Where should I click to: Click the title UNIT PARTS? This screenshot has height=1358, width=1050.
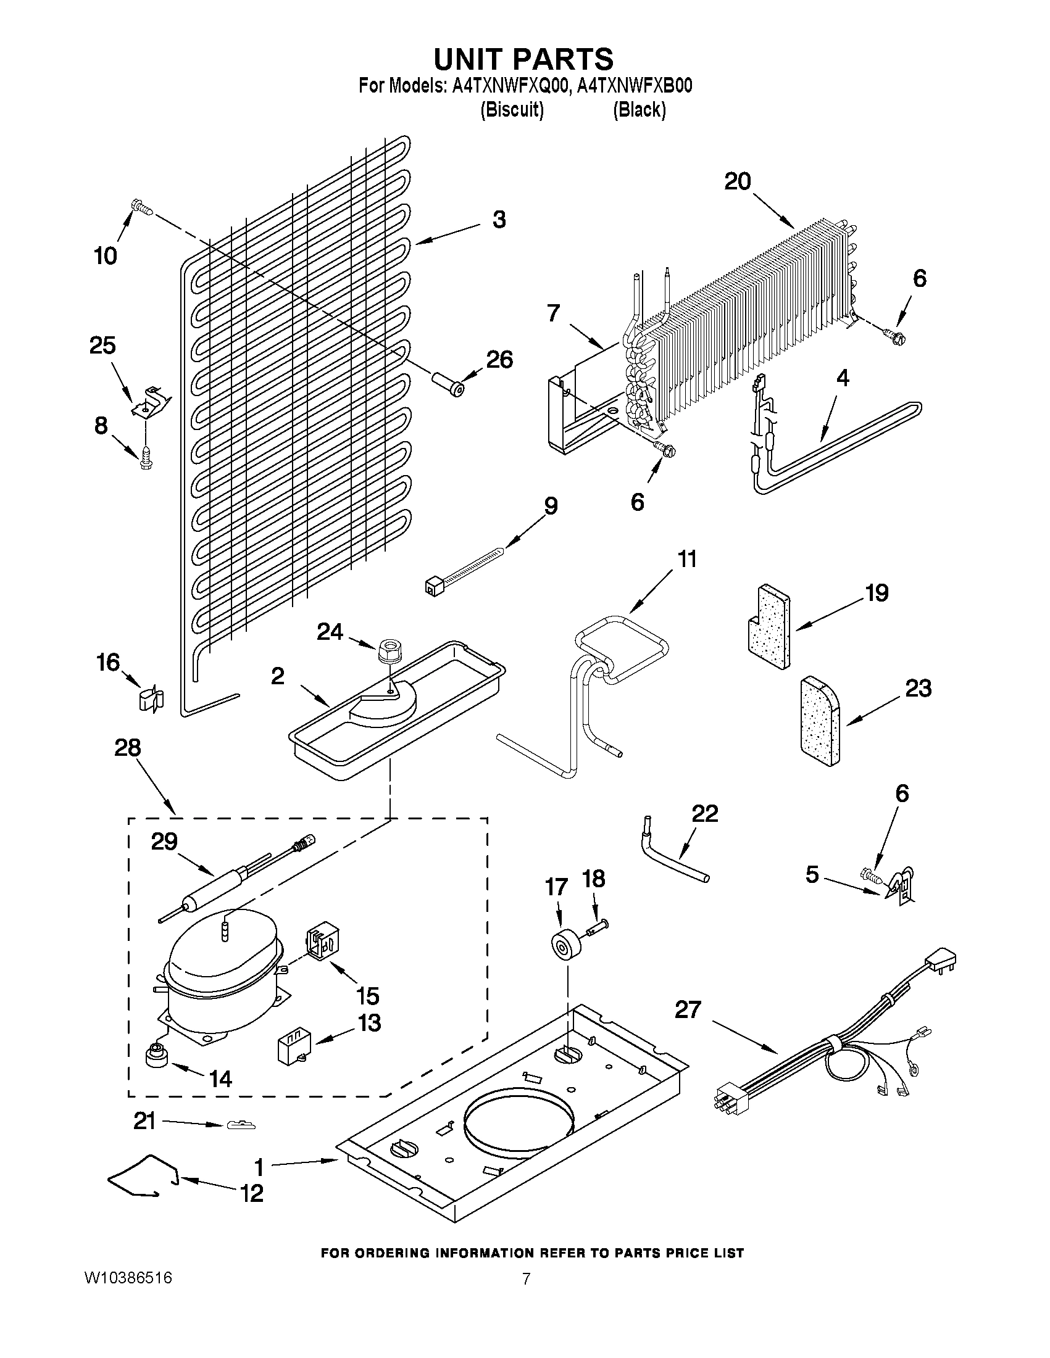tap(523, 59)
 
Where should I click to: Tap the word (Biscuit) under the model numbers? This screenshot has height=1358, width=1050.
tap(512, 110)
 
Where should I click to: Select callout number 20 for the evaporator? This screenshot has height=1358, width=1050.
tap(738, 181)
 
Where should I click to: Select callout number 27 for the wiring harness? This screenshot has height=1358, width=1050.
tap(688, 1010)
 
